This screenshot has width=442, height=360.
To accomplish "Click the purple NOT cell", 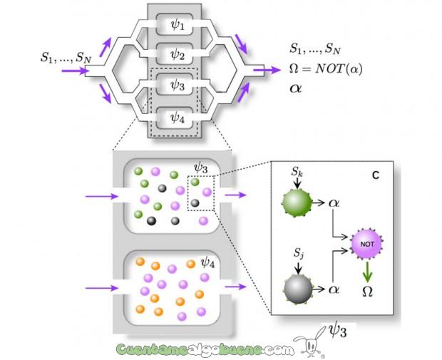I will point(368,245).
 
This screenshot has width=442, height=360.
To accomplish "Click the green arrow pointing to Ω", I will point(368,271).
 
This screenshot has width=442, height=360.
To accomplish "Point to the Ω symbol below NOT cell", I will point(368,290).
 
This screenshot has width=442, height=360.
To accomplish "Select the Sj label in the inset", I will point(299,257).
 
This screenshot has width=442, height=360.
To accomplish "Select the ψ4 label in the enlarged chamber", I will point(209,264).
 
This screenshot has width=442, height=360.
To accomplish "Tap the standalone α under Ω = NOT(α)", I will point(296,90).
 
